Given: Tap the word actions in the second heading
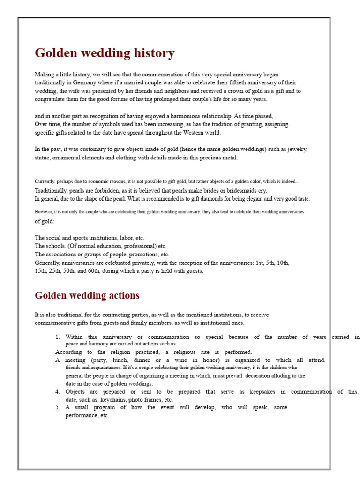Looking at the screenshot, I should tap(123, 295).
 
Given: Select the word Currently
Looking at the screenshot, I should tap(45, 181).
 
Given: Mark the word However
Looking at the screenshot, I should tap(44, 212).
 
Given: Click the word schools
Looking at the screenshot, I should tap(56, 246).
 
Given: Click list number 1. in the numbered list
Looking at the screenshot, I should tap(58, 337).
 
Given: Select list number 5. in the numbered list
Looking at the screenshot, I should tap(58, 407).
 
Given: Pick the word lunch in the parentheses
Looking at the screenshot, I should tap(115, 360).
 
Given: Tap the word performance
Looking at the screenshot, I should tap(81, 415).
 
